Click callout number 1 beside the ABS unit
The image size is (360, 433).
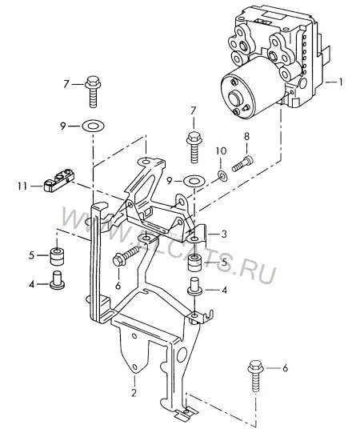pyautogui.click(x=341, y=82)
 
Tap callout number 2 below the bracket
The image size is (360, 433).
pyautogui.click(x=134, y=393)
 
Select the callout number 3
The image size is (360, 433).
pyautogui.click(x=224, y=234)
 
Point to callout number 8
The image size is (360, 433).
pyautogui.click(x=246, y=136)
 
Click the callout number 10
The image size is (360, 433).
pyautogui.click(x=221, y=150)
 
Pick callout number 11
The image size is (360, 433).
pyautogui.click(x=22, y=186)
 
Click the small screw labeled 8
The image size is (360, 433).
pyautogui.click(x=243, y=163)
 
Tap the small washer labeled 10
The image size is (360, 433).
pyautogui.click(x=222, y=175)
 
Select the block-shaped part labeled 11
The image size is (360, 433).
pyautogui.click(x=59, y=180)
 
